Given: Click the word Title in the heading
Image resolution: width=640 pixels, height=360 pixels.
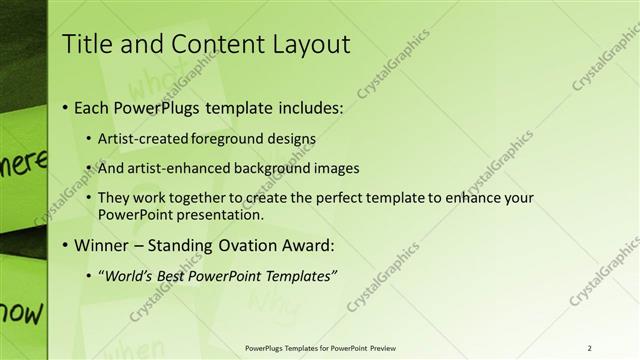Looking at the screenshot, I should (x=87, y=45).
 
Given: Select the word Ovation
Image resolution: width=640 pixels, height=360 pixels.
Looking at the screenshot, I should (x=249, y=244).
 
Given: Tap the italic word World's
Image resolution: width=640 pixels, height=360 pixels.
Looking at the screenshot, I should (x=129, y=274).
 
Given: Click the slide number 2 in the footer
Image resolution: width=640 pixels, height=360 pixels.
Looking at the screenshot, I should (x=590, y=347).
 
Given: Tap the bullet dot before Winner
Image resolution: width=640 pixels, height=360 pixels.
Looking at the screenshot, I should (x=66, y=244).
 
